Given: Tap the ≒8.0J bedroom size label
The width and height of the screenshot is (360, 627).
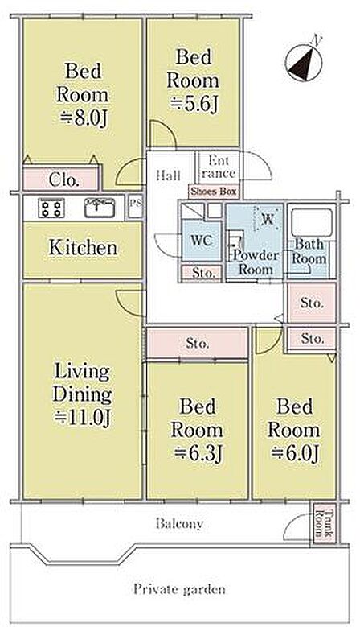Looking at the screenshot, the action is [x=84, y=118].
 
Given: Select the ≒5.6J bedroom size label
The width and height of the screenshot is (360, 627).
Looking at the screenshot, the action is [x=194, y=104].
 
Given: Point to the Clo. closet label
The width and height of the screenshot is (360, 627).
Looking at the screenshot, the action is [x=63, y=180].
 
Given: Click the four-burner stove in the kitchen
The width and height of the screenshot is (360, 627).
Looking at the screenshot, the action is [x=51, y=208].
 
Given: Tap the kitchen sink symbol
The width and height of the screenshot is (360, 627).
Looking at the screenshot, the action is [x=100, y=208].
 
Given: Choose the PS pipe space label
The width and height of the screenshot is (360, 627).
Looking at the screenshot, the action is [x=135, y=202].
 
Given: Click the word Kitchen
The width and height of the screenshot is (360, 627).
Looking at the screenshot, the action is [x=83, y=248].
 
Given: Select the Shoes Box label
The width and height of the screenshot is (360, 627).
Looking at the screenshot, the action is [x=214, y=191].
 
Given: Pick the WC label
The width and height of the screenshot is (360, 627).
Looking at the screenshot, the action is [x=201, y=241].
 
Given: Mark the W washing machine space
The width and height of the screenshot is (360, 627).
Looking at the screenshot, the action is [x=268, y=218].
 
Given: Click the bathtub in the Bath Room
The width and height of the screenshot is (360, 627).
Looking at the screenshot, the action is [x=312, y=222].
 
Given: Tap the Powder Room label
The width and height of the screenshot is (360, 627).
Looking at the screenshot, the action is [x=256, y=262].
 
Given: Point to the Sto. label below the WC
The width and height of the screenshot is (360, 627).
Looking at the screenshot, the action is [x=201, y=273].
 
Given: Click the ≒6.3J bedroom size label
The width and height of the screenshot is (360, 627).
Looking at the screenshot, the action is [x=197, y=453].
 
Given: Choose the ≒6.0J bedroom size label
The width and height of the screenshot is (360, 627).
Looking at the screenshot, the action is [x=295, y=453].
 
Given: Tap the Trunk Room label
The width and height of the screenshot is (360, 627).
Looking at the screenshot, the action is [x=323, y=522].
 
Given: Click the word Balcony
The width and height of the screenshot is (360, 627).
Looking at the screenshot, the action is [x=179, y=523].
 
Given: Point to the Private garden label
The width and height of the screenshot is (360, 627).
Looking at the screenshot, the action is [x=179, y=589].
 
